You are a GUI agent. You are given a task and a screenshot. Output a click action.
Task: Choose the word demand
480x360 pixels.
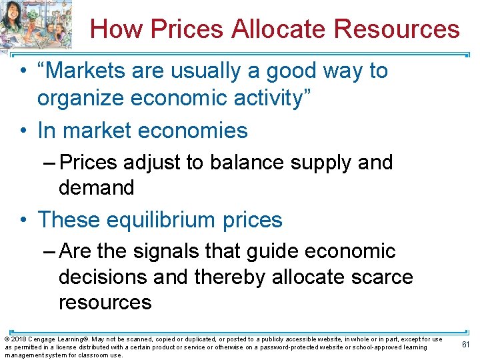click(96, 187)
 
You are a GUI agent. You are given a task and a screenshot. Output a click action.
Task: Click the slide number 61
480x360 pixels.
click(465, 344)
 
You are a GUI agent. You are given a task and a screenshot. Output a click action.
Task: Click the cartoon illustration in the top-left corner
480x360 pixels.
click(37, 24)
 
